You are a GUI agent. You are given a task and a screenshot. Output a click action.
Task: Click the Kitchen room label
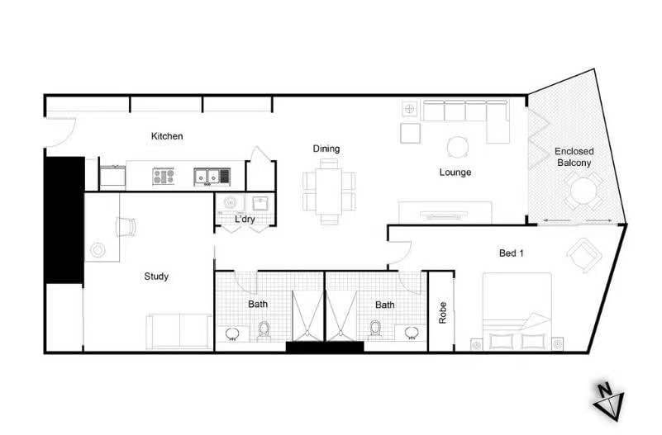click(167, 136)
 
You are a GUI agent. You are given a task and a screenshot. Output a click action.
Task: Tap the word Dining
click(326, 149)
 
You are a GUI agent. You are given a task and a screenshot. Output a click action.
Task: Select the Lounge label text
click(455, 173)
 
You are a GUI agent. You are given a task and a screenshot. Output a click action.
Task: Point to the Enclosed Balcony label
click(573, 157)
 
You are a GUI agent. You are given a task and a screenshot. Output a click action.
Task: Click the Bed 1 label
click(512, 253)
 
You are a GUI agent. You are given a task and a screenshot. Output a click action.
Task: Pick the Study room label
click(156, 277)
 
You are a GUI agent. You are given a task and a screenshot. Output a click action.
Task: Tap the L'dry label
click(244, 220)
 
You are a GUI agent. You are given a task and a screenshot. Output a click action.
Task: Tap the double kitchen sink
click(212, 176)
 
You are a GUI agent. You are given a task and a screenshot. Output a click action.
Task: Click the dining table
click(329, 191)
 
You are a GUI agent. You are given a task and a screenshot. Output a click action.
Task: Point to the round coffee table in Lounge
click(458, 147)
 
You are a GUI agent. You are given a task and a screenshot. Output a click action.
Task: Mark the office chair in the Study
click(126, 226)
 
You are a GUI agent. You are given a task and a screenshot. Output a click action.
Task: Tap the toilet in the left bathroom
click(264, 330)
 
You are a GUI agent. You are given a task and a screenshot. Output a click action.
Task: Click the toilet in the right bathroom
click(375, 330)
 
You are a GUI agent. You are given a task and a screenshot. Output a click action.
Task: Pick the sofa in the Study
click(179, 332)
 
